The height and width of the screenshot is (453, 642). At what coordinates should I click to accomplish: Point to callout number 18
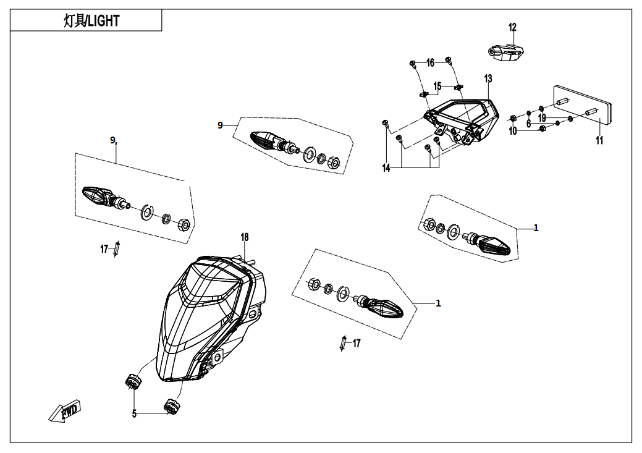pos(245,237)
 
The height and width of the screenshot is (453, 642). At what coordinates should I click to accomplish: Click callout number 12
pos(512,27)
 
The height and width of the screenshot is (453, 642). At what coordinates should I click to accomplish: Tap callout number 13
pos(488,78)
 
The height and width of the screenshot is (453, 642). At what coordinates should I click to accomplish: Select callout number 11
pos(599,141)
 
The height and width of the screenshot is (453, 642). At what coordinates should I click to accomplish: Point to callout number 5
pos(134,414)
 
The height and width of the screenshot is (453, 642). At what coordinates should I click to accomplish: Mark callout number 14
pos(386,168)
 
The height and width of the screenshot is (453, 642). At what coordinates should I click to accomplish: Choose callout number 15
pos(437,86)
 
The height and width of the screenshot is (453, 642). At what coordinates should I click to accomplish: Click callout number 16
pos(430,62)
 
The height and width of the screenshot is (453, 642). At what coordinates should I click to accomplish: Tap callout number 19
pos(542,117)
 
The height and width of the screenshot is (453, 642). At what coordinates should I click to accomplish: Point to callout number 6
pos(528,124)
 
